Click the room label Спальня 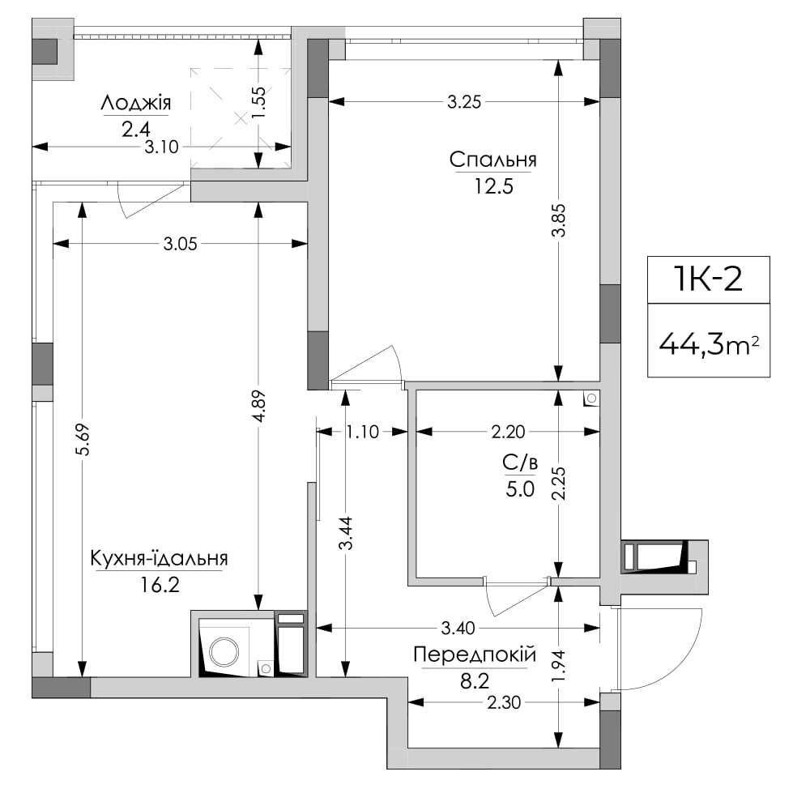(492, 160)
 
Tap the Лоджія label (136, 104)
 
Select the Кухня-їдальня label (159, 558)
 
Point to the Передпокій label (475, 655)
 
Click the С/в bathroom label (520, 463)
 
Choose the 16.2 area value (160, 585)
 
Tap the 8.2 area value (475, 681)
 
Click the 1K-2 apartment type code (708, 279)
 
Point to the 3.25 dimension (464, 102)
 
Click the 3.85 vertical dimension (558, 220)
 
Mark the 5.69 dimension (83, 439)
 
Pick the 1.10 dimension (362, 432)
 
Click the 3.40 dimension (458, 629)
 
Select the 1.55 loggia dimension (259, 102)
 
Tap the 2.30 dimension (504, 702)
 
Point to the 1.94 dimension (558, 666)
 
